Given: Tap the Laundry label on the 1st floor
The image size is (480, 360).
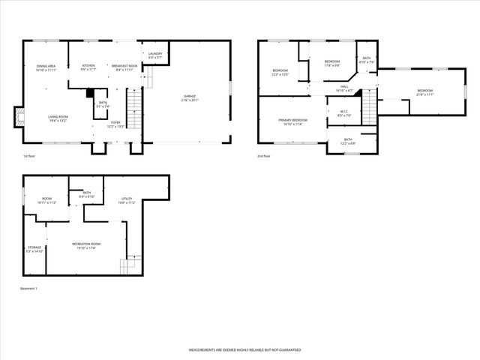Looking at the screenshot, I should tap(155, 55).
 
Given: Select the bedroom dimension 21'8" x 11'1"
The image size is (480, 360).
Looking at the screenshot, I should tap(424, 95).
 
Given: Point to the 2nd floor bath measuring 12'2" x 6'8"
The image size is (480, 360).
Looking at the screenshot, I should tap(348, 141).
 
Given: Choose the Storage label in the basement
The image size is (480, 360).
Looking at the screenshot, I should tap(35, 248).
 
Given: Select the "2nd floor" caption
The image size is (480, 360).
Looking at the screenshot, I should tap(263, 156).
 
